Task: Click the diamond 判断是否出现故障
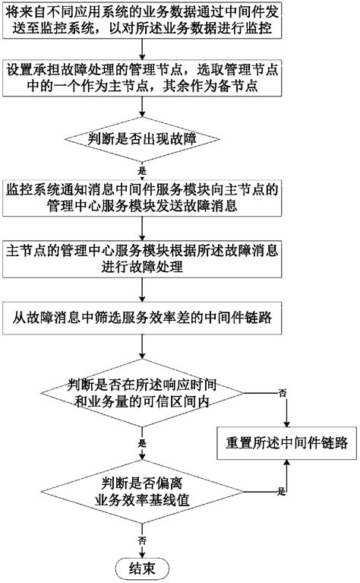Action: pyautogui.click(x=141, y=138)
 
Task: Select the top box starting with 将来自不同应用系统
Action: pyautogui.click(x=142, y=23)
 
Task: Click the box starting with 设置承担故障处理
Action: pyautogui.click(x=142, y=78)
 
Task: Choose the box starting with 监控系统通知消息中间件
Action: pyautogui.click(x=142, y=197)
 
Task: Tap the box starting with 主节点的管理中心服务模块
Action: pyautogui.click(x=142, y=258)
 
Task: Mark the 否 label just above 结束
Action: pyautogui.click(x=141, y=539)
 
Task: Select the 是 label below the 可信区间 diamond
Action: pyautogui.click(x=141, y=442)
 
